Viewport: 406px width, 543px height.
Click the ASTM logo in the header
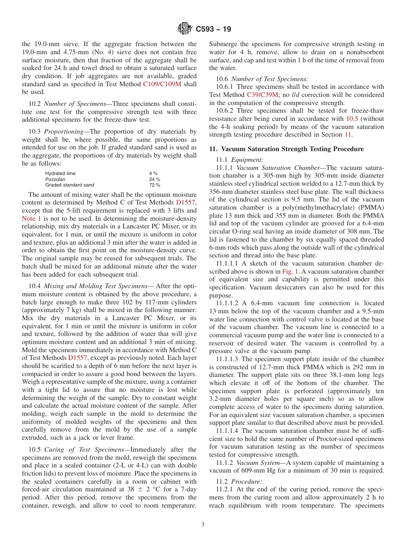184,29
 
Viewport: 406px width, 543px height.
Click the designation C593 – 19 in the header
213,29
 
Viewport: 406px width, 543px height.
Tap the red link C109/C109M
162,84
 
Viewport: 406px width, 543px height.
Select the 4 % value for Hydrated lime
153,173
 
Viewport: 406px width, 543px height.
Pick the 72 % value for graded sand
154,185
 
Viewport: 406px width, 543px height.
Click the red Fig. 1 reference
290,271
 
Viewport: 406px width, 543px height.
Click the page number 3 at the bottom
203,525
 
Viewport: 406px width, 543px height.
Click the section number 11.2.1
224,489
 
